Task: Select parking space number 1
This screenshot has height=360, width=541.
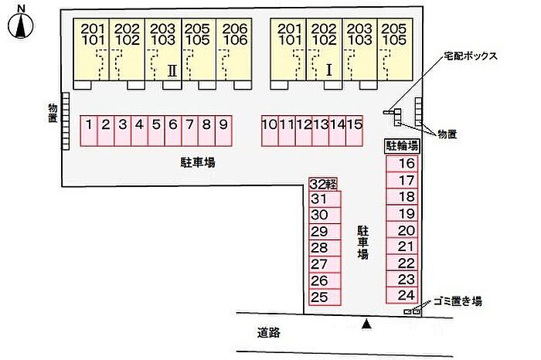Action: coord(90,124)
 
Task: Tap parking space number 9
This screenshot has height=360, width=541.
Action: coord(223,124)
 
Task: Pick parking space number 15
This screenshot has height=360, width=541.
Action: coord(355,124)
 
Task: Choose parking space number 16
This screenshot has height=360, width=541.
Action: coord(407,164)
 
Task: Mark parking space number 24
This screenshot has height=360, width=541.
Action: coord(407,295)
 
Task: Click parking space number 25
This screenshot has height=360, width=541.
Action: coord(319,297)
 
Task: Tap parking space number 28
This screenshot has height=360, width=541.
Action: coord(319,248)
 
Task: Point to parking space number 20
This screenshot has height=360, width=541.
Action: coord(407,230)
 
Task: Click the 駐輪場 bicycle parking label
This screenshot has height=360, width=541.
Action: coord(402,145)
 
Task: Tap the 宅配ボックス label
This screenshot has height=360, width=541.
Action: coord(469,56)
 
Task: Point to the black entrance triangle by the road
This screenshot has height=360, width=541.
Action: coord(367,324)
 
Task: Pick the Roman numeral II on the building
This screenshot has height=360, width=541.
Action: coord(172,70)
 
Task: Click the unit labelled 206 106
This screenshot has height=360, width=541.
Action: coord(234,33)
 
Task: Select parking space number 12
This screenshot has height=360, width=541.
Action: coord(304,124)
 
